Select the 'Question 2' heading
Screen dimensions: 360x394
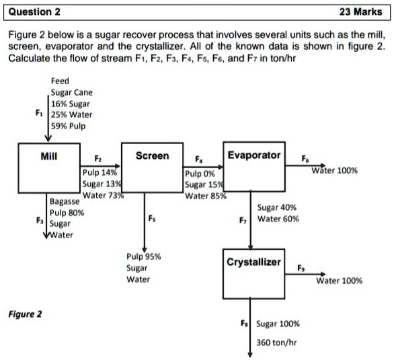[33, 11]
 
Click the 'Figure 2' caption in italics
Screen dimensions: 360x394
[24, 314]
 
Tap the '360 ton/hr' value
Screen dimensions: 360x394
[276, 342]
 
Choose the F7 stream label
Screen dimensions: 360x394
[243, 219]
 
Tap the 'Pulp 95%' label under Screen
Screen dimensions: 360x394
[143, 257]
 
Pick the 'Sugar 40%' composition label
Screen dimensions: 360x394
[277, 208]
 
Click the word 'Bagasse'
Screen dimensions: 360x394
[66, 201]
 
